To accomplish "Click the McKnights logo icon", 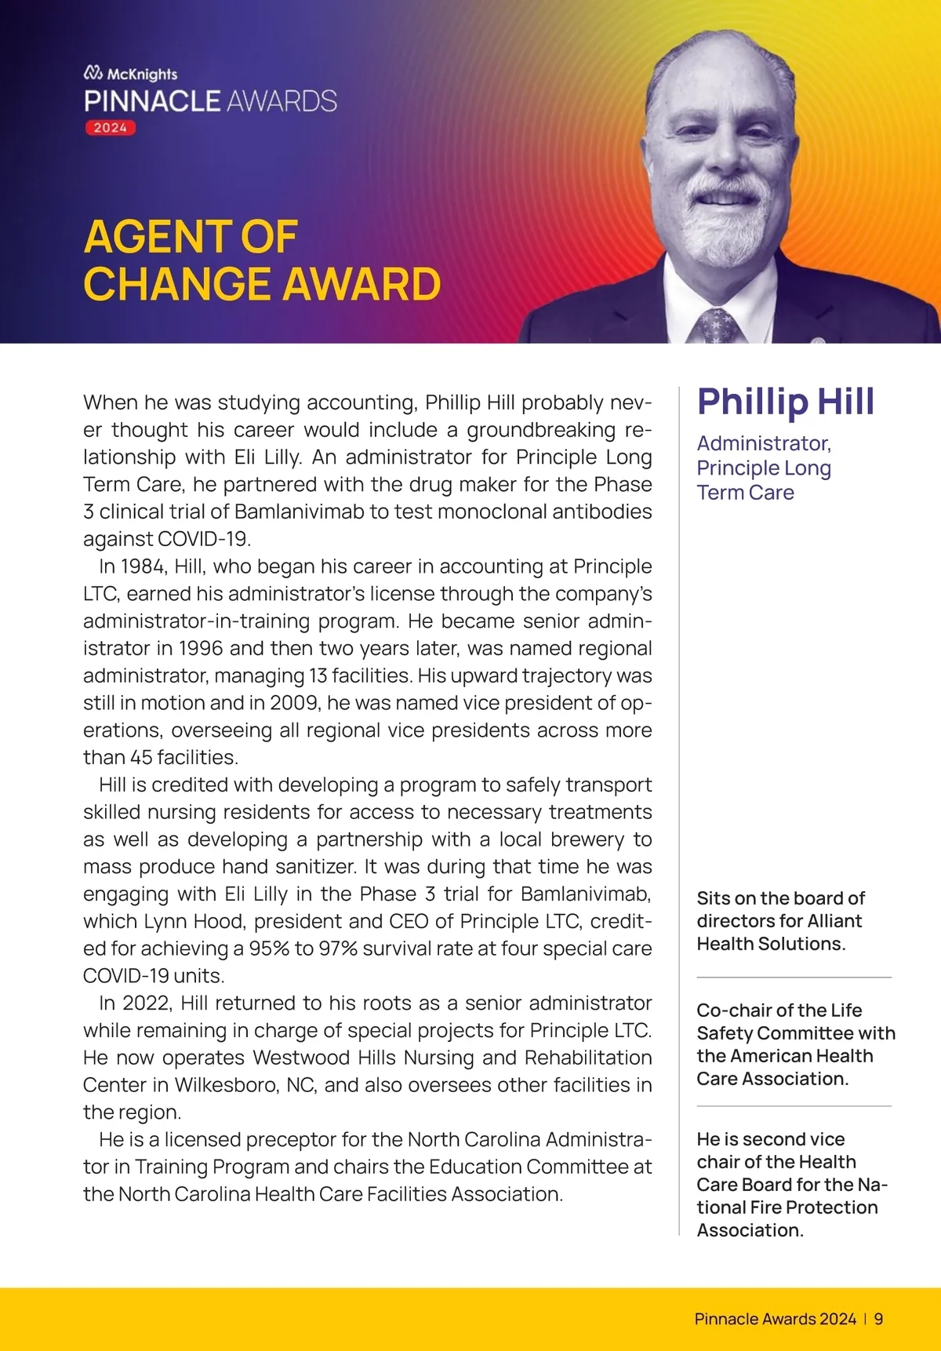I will click(93, 73).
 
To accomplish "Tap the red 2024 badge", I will click(111, 128).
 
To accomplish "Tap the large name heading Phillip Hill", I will click(786, 401).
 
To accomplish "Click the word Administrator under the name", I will click(763, 443).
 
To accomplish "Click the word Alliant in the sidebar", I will click(829, 921).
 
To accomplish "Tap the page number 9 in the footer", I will click(878, 1319).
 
